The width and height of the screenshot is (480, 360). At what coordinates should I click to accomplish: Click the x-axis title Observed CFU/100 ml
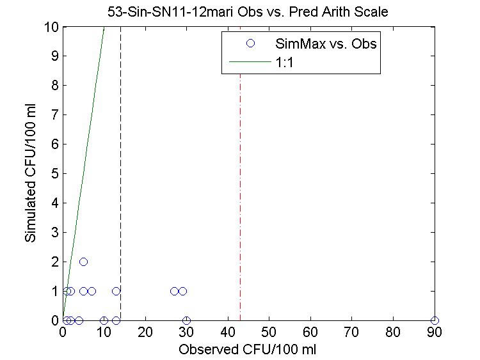point(248,350)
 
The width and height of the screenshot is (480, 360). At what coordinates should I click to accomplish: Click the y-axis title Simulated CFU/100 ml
point(30,173)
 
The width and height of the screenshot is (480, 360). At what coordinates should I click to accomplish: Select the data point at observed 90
point(435,320)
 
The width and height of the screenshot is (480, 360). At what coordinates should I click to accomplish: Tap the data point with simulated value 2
point(83,262)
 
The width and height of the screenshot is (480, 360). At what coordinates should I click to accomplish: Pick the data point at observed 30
point(186,320)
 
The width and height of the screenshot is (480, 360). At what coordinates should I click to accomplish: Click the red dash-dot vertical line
point(241,192)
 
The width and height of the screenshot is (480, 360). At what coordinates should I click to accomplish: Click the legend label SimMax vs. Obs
point(325,44)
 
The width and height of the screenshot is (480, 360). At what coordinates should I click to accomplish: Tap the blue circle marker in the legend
point(250,43)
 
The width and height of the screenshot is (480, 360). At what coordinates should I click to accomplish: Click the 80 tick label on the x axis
point(393,333)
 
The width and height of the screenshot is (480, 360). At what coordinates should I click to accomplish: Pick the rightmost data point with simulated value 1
point(182,291)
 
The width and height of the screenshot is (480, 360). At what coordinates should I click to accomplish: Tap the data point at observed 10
point(104,320)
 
